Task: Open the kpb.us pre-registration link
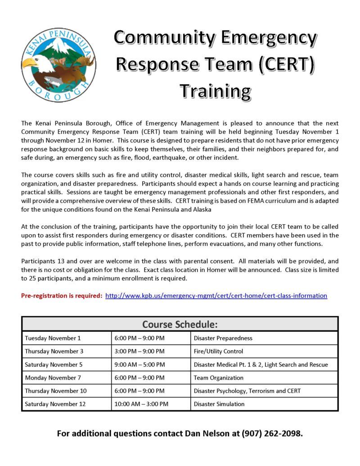[216, 296]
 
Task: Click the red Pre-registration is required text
[62, 296]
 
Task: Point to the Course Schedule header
[180, 324]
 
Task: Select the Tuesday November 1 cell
[53, 338]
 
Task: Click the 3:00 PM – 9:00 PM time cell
[139, 351]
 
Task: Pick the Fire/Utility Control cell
[218, 351]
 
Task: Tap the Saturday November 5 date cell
[54, 364]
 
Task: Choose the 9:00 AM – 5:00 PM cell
[139, 364]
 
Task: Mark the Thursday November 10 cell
[56, 391]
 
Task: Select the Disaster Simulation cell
[219, 404]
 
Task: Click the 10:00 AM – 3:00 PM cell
[141, 404]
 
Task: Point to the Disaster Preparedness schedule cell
[223, 338]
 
